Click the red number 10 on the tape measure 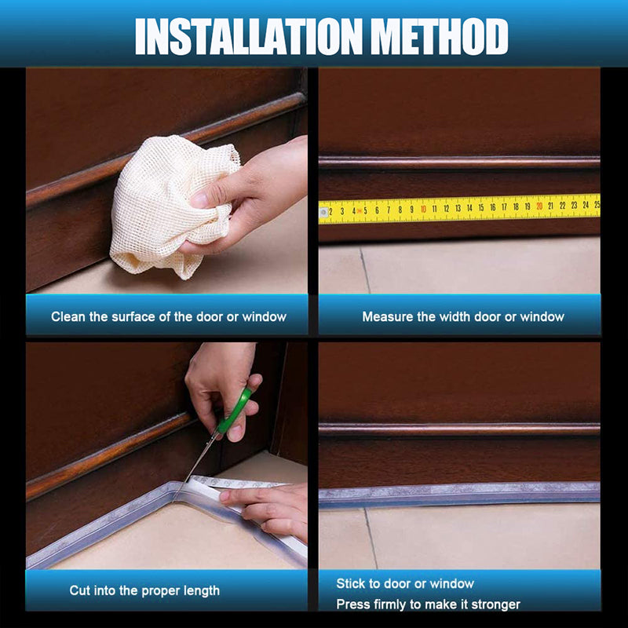pyautogui.click(x=423, y=209)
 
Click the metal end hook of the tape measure pyautogui.click(x=323, y=212)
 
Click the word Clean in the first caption pyautogui.click(x=68, y=317)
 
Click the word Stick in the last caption pyautogui.click(x=350, y=584)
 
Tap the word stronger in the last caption pyautogui.click(x=494, y=604)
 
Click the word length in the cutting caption pyautogui.click(x=200, y=590)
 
